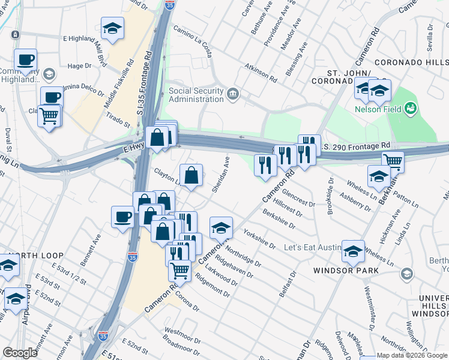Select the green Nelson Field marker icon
pyautogui.click(x=411, y=109)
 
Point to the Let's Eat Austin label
pyautogui.click(x=312, y=247)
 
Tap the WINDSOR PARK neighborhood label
pyautogui.click(x=346, y=270)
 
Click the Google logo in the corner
pyautogui.click(x=20, y=353)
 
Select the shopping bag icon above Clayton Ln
pyautogui.click(x=191, y=176)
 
